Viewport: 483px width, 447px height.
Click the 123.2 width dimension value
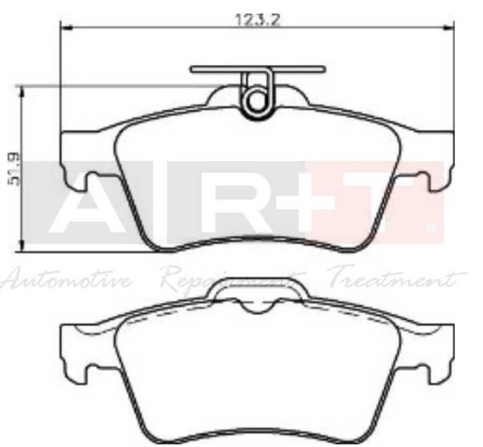coord(258,20)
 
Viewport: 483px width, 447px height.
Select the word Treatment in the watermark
coord(392,280)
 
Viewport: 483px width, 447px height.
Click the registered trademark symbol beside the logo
coord(431,226)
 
